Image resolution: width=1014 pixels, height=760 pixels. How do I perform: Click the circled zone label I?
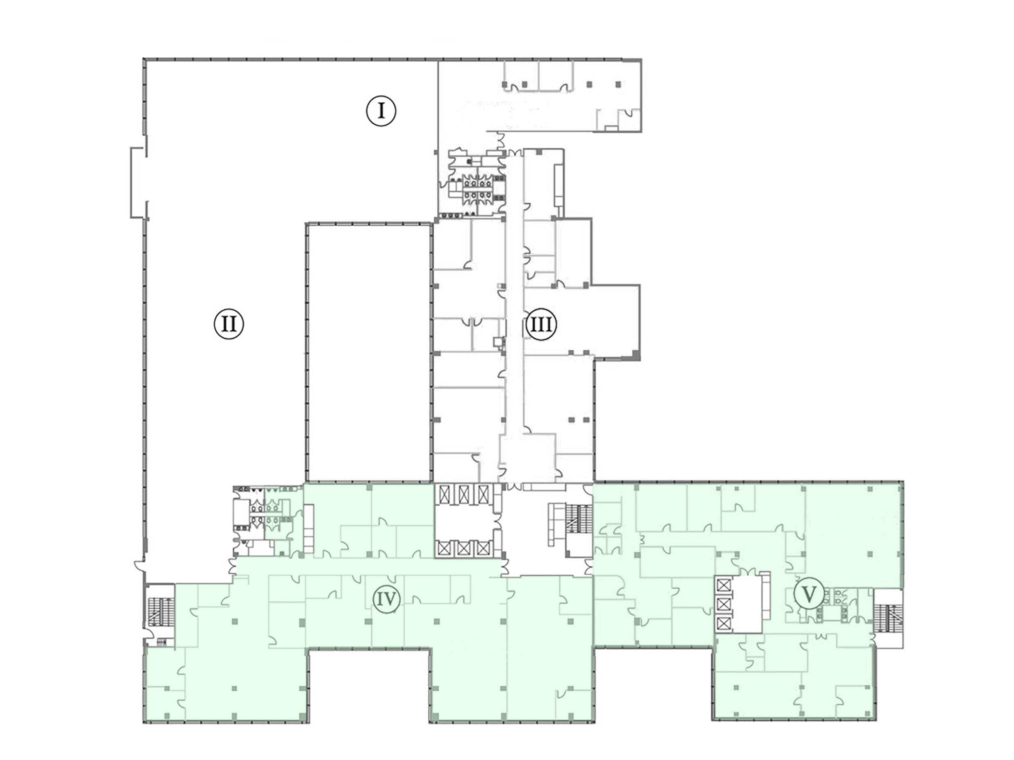[381, 111]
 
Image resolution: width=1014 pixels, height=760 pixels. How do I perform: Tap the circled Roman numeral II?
[229, 324]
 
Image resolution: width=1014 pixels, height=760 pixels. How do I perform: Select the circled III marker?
[541, 325]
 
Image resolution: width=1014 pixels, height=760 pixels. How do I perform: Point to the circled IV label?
[386, 599]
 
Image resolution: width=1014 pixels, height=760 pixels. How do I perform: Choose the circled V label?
[809, 595]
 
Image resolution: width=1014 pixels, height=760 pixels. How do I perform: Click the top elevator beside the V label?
[723, 585]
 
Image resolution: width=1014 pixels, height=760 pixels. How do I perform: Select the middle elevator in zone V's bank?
[723, 604]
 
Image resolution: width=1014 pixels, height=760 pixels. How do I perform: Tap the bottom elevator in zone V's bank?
[723, 623]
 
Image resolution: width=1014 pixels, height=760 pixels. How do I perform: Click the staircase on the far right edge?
[888, 619]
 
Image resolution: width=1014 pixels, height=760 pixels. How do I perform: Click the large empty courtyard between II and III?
[370, 353]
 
